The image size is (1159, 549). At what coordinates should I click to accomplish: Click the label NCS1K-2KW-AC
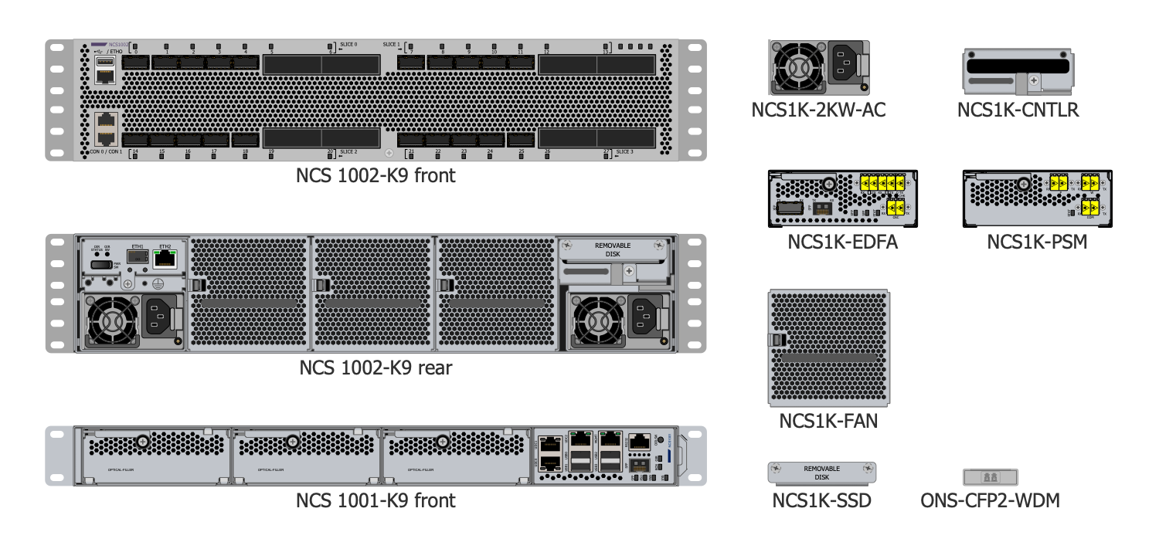[818, 110]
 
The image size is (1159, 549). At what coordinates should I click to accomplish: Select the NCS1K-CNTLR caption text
[1018, 110]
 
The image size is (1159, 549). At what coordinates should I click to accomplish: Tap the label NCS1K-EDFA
[842, 242]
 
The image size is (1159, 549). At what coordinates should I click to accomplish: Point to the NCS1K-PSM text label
[1037, 242]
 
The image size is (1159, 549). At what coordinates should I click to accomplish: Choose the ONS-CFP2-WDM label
[990, 500]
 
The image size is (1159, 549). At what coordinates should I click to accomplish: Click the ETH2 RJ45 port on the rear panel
[165, 259]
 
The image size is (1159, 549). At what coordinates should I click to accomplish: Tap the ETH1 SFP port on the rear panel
[137, 256]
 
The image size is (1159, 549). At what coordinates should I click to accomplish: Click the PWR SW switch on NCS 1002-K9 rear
[101, 265]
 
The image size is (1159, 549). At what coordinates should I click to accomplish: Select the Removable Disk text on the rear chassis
[612, 249]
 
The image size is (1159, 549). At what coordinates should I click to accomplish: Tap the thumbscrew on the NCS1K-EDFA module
[828, 184]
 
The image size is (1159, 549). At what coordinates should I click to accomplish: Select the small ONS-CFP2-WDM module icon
[990, 476]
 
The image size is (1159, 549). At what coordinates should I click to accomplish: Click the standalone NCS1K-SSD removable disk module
[821, 472]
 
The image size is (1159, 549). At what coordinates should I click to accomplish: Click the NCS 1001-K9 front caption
[376, 500]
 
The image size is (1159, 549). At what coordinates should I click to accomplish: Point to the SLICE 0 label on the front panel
[348, 45]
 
